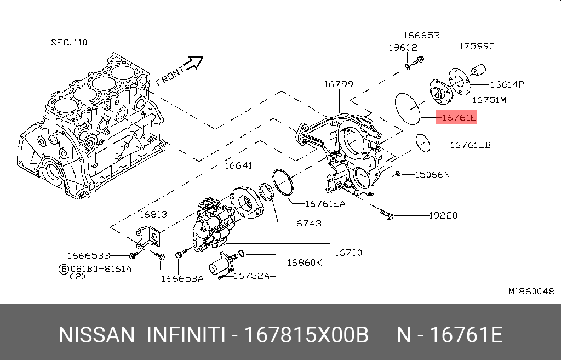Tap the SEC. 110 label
coord(69,42)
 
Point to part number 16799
coord(338,84)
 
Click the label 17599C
coord(477,46)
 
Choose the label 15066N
coord(432,174)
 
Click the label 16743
coord(306,223)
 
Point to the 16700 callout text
coord(348,253)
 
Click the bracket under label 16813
coord(150,236)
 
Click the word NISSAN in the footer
coord(96,335)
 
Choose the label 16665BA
coord(182,278)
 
